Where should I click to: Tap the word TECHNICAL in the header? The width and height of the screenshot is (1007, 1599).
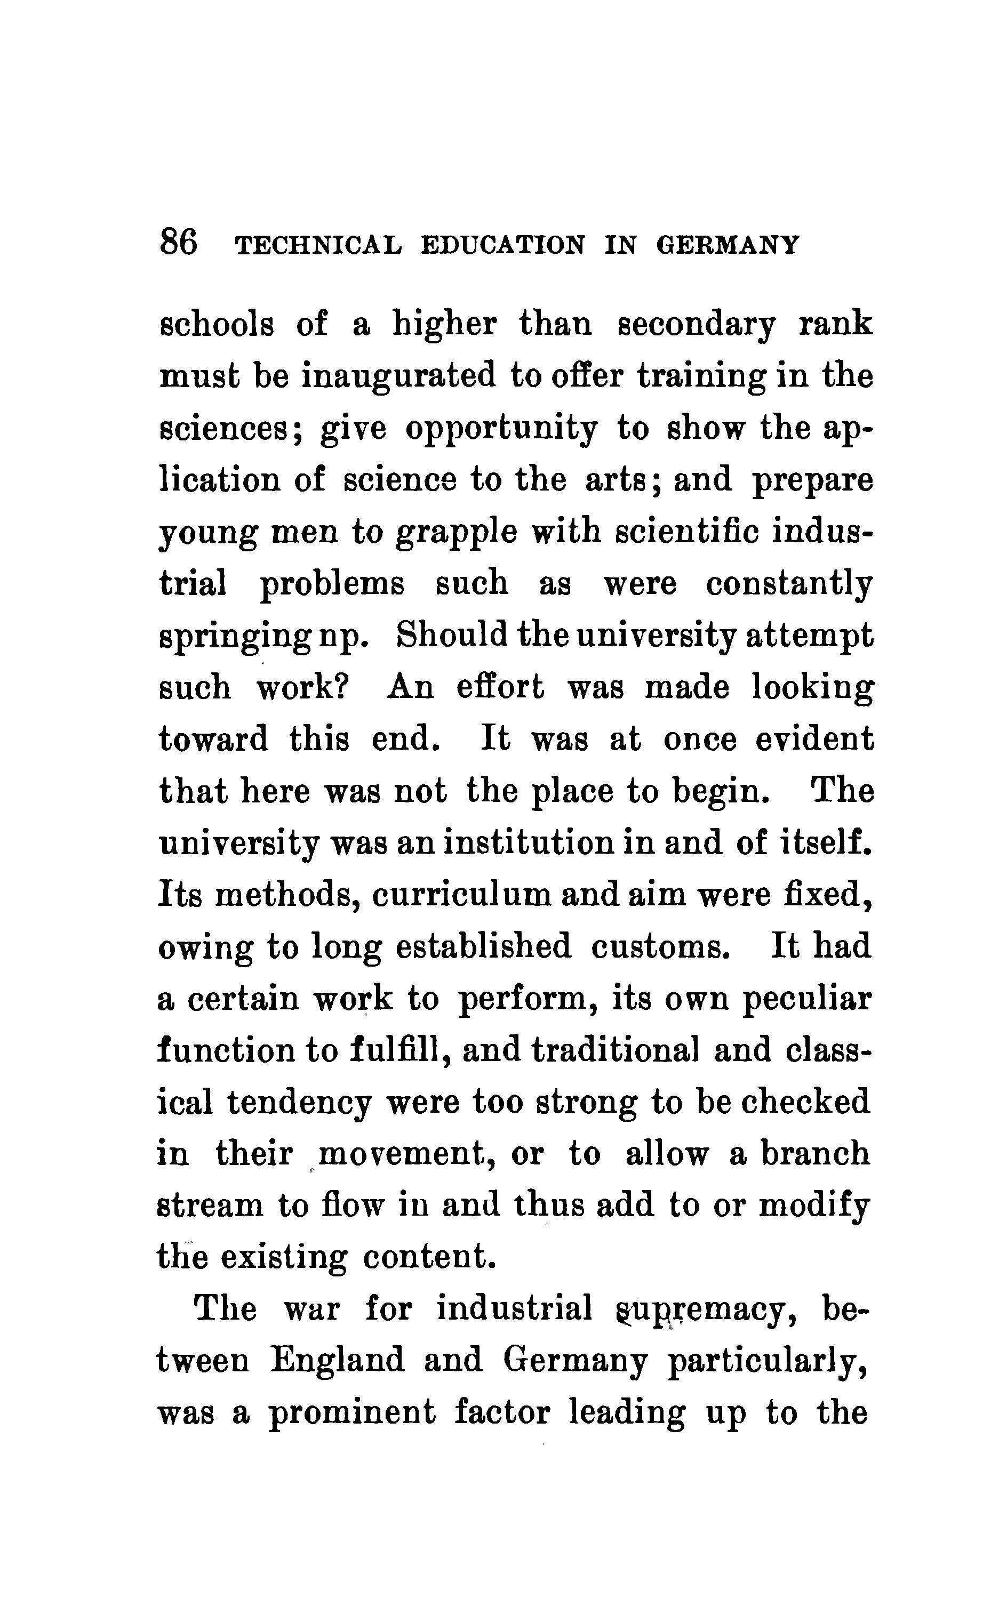(x=319, y=245)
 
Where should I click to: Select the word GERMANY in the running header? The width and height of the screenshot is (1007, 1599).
(x=728, y=245)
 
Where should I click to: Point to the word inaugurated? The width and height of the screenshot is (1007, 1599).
(x=399, y=376)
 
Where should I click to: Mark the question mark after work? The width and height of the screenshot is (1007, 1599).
(x=343, y=687)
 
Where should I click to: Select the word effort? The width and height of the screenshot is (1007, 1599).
(x=500, y=687)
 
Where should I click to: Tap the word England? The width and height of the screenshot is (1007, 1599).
(x=338, y=1361)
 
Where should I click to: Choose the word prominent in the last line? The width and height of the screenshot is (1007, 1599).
(x=352, y=1413)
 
